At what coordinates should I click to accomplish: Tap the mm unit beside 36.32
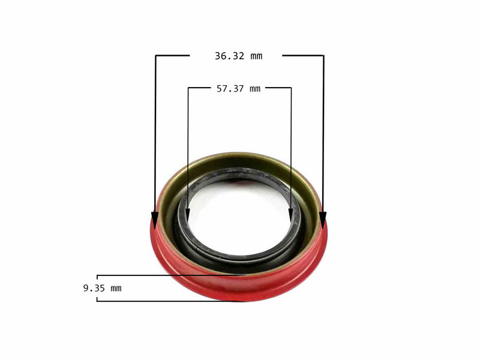coord(256,56)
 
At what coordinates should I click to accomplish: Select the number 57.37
coord(230,89)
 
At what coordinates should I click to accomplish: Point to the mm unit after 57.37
coord(255,89)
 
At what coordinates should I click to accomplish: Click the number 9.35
coord(94,288)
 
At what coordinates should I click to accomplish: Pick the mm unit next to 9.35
coord(115,288)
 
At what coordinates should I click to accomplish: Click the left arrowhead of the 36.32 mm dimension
coord(155,221)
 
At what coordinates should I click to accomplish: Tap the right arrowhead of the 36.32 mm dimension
coord(323,221)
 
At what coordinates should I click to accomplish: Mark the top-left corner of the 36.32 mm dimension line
coord(156,56)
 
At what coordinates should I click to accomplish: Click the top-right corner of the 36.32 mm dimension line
coord(323,56)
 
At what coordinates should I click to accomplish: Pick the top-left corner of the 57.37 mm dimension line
coord(188,88)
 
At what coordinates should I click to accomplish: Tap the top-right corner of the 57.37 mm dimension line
coord(291,88)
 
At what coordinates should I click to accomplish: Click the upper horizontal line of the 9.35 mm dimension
coord(168,275)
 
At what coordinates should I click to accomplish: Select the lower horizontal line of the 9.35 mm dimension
coord(168,301)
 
